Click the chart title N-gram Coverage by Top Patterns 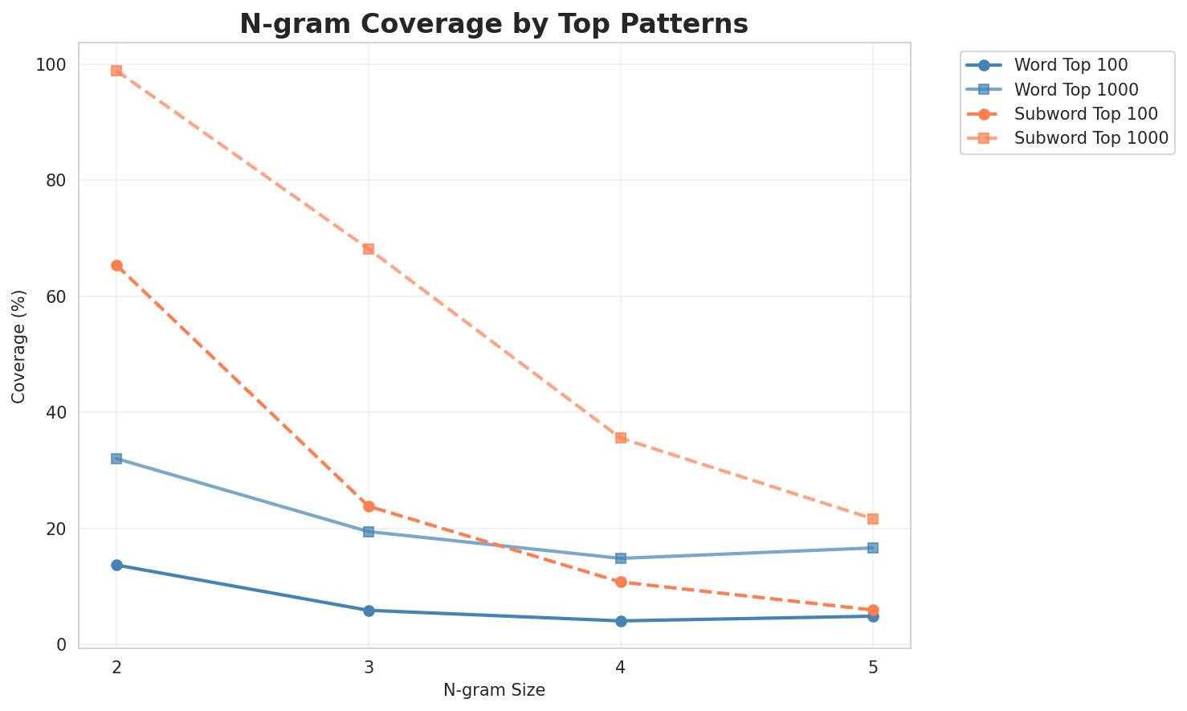(x=494, y=24)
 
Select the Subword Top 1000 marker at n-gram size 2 (x=116, y=71)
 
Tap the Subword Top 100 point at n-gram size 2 (x=116, y=265)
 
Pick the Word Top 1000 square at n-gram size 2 (x=116, y=459)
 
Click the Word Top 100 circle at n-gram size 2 (x=116, y=565)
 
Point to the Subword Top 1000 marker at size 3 (x=369, y=249)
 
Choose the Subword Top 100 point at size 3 (x=369, y=506)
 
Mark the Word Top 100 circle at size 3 (x=369, y=611)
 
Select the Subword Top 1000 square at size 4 (x=621, y=438)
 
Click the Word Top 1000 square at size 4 (x=621, y=558)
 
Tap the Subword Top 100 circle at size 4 (x=621, y=582)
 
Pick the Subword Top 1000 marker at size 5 (x=873, y=519)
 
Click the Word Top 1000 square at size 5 (x=873, y=548)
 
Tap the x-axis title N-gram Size (x=494, y=690)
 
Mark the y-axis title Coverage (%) (x=18, y=345)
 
